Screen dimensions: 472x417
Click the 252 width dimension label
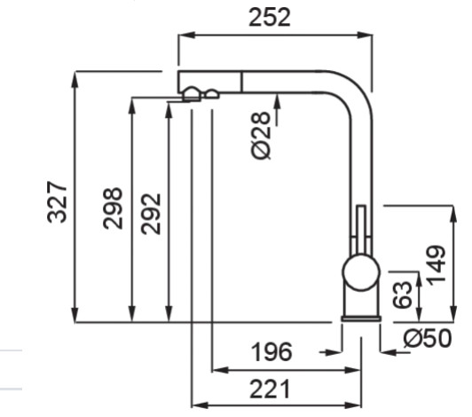click(x=270, y=18)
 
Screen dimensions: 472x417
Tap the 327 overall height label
click(x=57, y=202)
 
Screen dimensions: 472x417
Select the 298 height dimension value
click(x=113, y=208)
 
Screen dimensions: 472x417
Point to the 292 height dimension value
click(x=151, y=214)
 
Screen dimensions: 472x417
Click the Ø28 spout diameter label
click(x=261, y=136)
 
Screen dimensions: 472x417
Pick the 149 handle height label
click(x=437, y=265)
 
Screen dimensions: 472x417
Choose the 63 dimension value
click(x=402, y=295)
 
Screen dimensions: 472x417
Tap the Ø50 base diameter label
click(x=428, y=338)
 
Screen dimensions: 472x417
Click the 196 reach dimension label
click(x=271, y=352)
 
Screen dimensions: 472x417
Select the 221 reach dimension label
click(x=270, y=389)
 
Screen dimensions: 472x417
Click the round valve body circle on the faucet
click(x=361, y=272)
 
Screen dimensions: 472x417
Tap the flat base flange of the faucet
click(x=361, y=319)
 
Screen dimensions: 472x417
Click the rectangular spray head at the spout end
click(x=209, y=82)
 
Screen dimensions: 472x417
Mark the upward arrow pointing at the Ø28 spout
click(x=277, y=110)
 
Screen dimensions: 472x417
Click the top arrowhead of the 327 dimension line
click(x=75, y=79)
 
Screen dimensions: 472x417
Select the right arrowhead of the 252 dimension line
click(x=365, y=35)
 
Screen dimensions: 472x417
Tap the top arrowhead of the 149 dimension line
click(x=453, y=214)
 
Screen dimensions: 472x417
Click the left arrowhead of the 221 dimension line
click(x=200, y=405)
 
